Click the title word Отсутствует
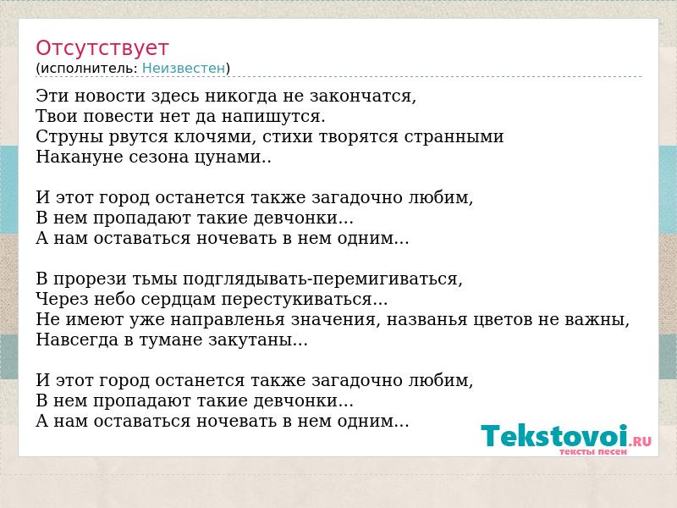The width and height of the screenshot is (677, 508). tap(102, 48)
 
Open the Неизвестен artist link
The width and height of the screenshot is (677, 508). tap(184, 69)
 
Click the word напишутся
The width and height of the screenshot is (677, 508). tap(272, 117)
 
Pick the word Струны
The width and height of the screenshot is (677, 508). tap(69, 136)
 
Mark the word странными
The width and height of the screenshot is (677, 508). tap(454, 137)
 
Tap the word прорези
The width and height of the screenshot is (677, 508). tap(115, 279)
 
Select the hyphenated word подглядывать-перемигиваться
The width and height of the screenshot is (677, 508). tap(322, 279)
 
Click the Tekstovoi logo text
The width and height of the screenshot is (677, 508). tap(554, 435)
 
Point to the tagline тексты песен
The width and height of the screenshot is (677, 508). tap(593, 452)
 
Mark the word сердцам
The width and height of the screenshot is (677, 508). tap(179, 300)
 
